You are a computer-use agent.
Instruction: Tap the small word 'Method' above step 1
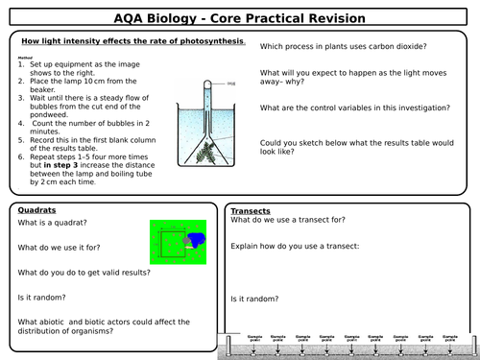coord(26,57)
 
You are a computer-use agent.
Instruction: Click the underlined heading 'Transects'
coord(252,211)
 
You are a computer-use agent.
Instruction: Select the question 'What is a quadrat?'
coord(54,224)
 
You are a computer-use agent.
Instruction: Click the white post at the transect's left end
coord(228,343)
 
